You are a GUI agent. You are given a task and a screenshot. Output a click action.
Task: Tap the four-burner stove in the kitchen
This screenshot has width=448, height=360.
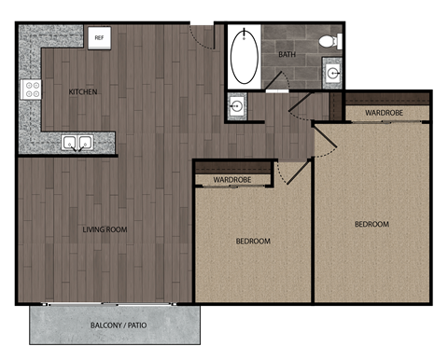(x=32, y=90)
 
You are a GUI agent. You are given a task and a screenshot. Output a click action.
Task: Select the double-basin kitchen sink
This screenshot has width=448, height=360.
(x=77, y=143)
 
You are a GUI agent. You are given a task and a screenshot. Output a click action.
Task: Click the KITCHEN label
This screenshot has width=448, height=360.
(x=85, y=91)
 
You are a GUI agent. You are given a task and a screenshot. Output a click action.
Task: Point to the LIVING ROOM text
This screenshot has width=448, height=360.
(x=105, y=228)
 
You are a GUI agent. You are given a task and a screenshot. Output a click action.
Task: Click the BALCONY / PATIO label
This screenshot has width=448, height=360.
(x=119, y=325)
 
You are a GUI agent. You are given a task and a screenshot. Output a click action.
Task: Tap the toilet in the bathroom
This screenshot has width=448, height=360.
(x=328, y=41)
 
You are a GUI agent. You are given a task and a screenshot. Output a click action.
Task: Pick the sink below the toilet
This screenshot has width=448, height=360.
(x=332, y=72)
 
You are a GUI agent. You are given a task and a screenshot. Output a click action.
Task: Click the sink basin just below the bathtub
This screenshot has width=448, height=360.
(x=237, y=105)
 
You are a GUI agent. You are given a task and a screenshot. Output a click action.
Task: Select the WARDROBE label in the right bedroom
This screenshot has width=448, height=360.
(x=384, y=113)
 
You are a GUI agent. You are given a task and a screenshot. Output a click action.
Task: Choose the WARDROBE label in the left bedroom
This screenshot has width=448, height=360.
(x=231, y=178)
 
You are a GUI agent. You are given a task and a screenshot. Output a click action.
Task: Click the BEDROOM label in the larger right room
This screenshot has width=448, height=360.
(x=371, y=224)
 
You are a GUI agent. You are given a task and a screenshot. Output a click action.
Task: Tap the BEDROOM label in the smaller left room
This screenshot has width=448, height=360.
(x=252, y=242)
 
